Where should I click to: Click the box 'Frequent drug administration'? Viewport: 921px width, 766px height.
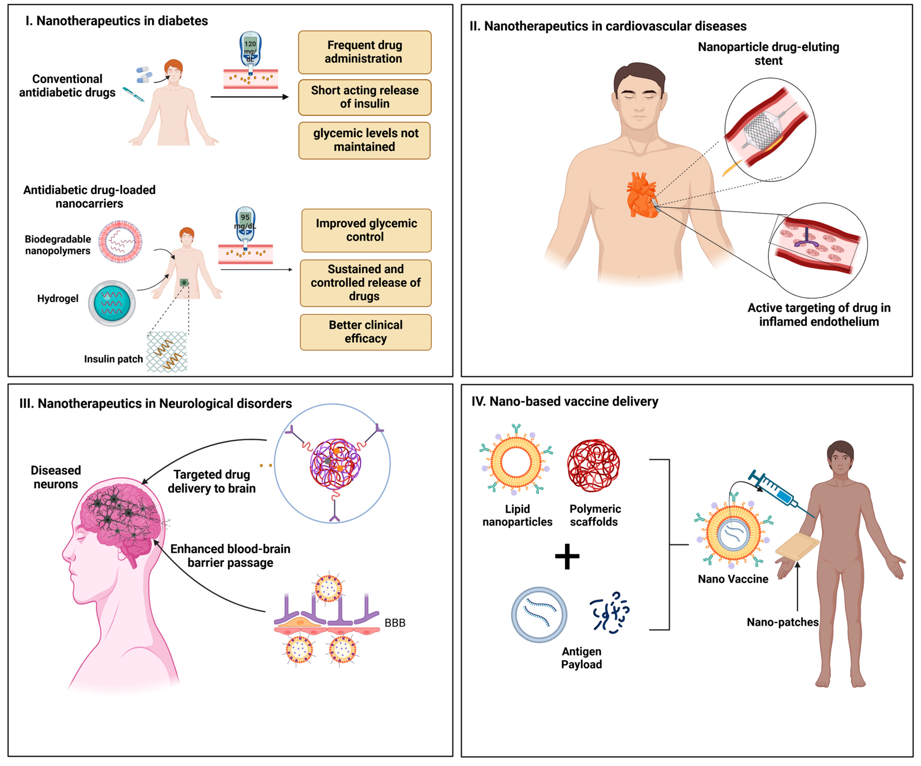[364, 52]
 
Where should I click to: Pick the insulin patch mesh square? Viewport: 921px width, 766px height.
[167, 352]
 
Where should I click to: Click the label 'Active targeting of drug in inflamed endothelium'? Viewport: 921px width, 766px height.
[818, 315]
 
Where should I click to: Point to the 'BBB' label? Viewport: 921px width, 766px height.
[395, 622]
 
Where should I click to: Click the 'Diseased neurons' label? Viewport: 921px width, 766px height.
[56, 477]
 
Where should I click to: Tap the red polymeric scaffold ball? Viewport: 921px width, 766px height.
[593, 466]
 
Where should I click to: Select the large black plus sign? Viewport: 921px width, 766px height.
[567, 556]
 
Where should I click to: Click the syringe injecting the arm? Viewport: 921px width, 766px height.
[781, 494]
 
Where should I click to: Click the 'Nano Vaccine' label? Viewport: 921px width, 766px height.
[733, 579]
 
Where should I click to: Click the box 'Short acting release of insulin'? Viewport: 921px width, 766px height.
[364, 97]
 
